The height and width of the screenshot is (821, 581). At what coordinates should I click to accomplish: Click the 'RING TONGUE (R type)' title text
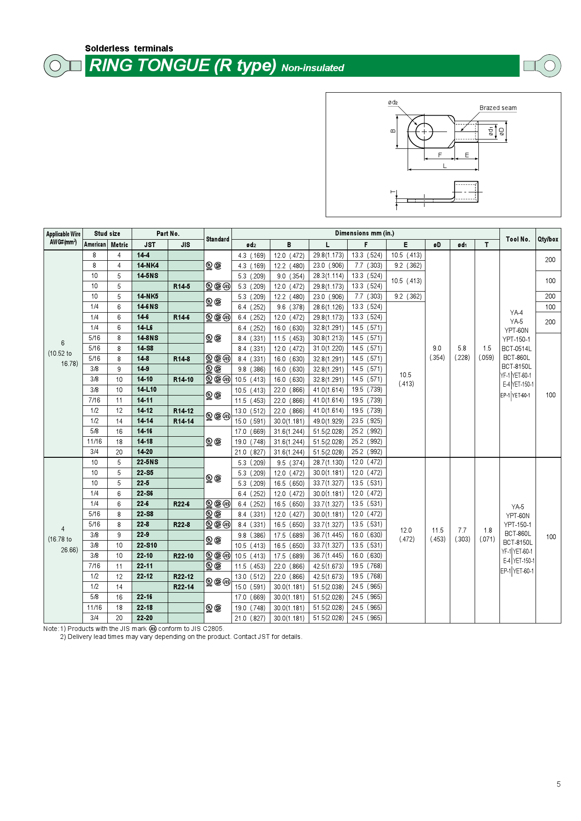pyautogui.click(x=183, y=66)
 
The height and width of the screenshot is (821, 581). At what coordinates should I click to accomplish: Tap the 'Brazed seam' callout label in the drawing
pyautogui.click(x=498, y=108)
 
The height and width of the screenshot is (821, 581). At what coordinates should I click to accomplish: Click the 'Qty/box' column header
pyautogui.click(x=548, y=239)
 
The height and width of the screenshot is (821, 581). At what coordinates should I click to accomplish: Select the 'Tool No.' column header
pyautogui.click(x=517, y=239)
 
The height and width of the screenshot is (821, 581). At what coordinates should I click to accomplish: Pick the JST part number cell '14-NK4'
pyautogui.click(x=148, y=265)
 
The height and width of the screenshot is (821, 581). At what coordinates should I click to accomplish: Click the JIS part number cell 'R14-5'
pyautogui.click(x=182, y=286)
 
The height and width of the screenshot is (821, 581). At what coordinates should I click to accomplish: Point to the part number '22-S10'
pyautogui.click(x=147, y=545)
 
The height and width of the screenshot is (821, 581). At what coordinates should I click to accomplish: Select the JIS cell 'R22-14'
pyautogui.click(x=183, y=587)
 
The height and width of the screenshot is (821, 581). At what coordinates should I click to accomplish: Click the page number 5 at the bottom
pyautogui.click(x=558, y=784)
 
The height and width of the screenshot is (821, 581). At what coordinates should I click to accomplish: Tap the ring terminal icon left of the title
pyautogui.click(x=62, y=66)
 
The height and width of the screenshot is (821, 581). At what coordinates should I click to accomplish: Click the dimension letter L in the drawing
pyautogui.click(x=445, y=166)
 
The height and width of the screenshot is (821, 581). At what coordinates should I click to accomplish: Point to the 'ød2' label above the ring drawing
pyautogui.click(x=393, y=103)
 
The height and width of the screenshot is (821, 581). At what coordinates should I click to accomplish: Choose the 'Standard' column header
pyautogui.click(x=217, y=239)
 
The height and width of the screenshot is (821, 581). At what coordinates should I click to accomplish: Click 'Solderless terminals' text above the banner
pyautogui.click(x=129, y=48)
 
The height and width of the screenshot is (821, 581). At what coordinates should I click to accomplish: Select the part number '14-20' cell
pyautogui.click(x=145, y=452)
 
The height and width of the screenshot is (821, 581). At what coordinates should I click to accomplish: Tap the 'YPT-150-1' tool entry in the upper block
pyautogui.click(x=516, y=339)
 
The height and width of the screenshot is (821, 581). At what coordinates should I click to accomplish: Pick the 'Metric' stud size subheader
pyautogui.click(x=119, y=245)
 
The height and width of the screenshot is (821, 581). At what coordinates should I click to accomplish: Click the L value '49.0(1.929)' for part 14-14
pyautogui.click(x=328, y=421)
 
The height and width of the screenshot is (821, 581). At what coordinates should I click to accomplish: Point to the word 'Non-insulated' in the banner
pyautogui.click(x=313, y=68)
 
